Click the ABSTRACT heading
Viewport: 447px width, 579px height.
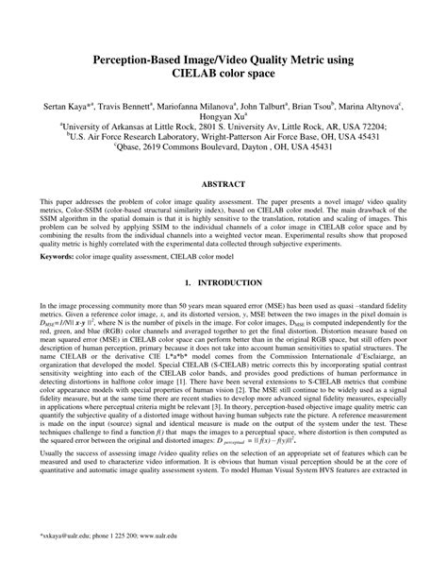click(223, 185)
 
